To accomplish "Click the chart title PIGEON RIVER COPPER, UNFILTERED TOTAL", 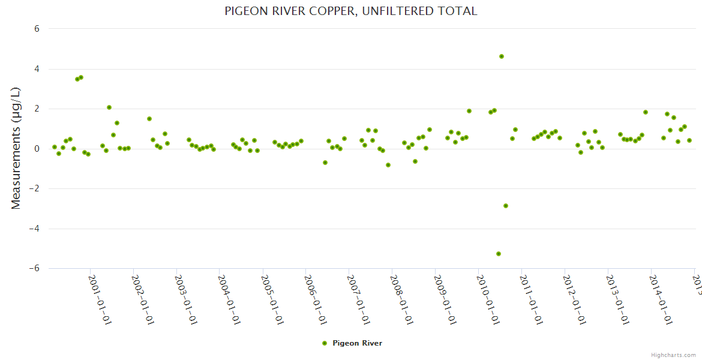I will pyautogui.click(x=350, y=11).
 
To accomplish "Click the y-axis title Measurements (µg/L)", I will pyautogui.click(x=16, y=148).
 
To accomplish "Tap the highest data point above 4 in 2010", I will pyautogui.click(x=502, y=56).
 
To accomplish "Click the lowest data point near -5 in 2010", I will pyautogui.click(x=499, y=254).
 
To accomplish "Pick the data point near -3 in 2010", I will pyautogui.click(x=506, y=206).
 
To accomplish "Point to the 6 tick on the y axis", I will pyautogui.click(x=37, y=29).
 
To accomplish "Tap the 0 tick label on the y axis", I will pyautogui.click(x=37, y=149).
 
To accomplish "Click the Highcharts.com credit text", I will pyautogui.click(x=673, y=355).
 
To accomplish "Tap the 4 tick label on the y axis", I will pyautogui.click(x=37, y=69).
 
